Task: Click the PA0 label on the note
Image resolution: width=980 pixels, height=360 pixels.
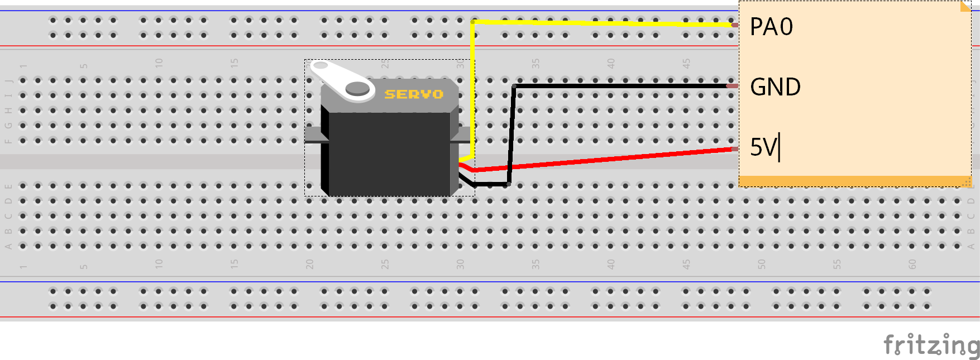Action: [x=771, y=27]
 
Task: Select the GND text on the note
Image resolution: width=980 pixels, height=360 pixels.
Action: [x=775, y=87]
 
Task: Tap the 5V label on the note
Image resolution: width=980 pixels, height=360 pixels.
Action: [x=763, y=147]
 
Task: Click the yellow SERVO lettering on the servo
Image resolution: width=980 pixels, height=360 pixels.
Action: [x=414, y=94]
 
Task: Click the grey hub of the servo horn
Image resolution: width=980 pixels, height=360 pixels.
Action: [x=357, y=88]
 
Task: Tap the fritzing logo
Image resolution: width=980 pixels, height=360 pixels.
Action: [x=931, y=345]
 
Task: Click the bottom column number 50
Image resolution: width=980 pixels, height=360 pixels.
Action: [x=762, y=264]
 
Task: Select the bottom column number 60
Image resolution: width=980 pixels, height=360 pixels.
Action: [x=912, y=264]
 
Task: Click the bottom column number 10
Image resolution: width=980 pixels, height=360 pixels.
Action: [x=159, y=264]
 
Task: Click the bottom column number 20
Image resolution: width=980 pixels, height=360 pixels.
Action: [x=309, y=264]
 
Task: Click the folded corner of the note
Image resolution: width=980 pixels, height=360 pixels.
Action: [x=965, y=6]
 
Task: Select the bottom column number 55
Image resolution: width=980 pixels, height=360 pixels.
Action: [x=837, y=264]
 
